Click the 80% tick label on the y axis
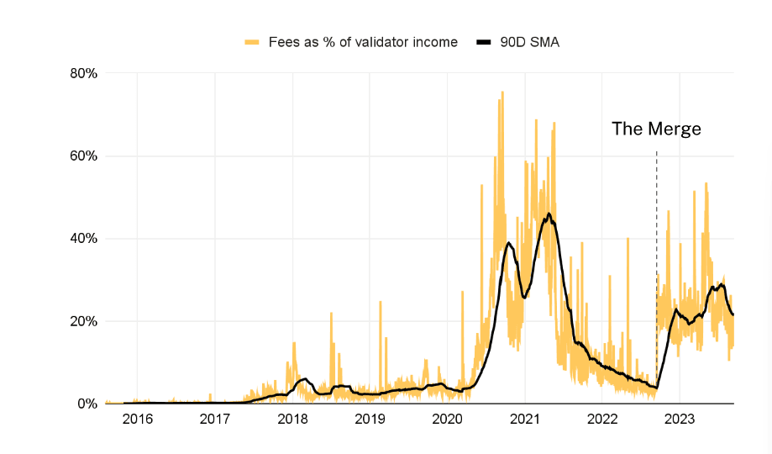point(83,74)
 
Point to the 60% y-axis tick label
point(83,156)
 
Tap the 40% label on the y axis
point(83,239)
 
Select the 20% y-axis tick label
point(83,321)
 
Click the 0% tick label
point(87,404)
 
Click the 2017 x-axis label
point(215,420)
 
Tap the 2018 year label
point(292,420)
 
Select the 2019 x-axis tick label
point(370,420)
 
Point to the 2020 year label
point(447,420)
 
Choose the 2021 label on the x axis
point(525,420)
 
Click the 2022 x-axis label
point(602,420)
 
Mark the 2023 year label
point(680,420)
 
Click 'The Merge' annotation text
point(656,129)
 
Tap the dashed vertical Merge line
point(656,252)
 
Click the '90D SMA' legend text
point(528,41)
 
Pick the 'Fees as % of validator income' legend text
point(363,41)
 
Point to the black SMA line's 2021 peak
point(549,214)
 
